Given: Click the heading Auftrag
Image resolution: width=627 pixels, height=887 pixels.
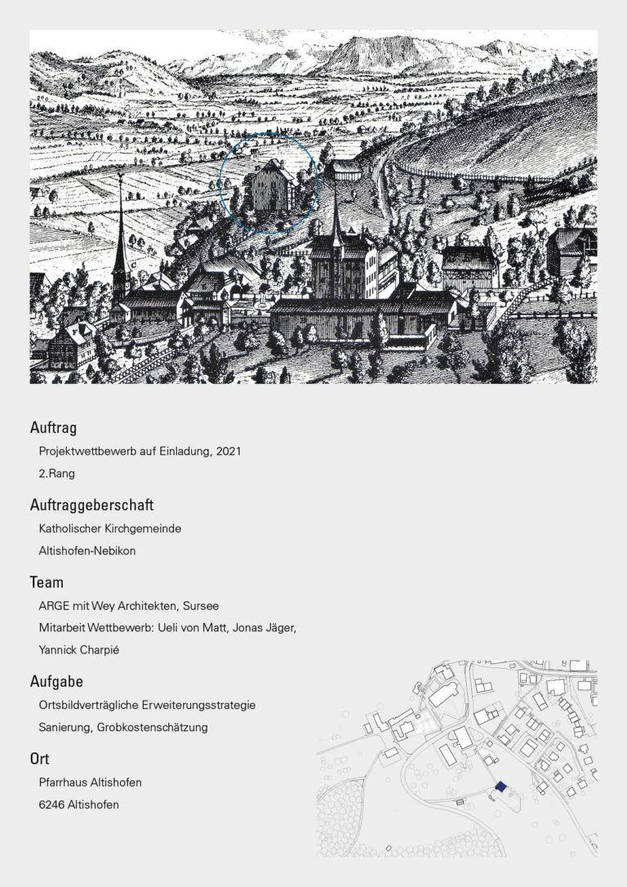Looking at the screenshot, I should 53,427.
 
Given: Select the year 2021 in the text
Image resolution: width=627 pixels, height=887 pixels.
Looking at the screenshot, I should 228,451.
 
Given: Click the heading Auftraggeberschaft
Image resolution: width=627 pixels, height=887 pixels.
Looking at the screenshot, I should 91,506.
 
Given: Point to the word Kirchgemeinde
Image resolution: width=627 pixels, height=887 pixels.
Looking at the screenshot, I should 143,528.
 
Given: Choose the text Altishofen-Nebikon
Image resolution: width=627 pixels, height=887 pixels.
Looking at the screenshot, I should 87,550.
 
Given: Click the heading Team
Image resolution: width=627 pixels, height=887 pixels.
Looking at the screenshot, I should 47,583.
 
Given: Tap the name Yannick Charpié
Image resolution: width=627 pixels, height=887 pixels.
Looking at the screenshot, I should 80,651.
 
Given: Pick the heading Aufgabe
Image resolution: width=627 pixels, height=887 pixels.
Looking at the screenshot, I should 56,681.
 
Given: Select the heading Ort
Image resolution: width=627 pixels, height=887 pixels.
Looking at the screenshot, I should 40,760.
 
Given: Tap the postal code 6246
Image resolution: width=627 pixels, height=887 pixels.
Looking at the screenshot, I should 52,805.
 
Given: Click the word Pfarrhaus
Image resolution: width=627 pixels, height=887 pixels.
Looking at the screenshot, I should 63,782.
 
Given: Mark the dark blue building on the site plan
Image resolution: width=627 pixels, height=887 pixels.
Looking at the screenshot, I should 500,786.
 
